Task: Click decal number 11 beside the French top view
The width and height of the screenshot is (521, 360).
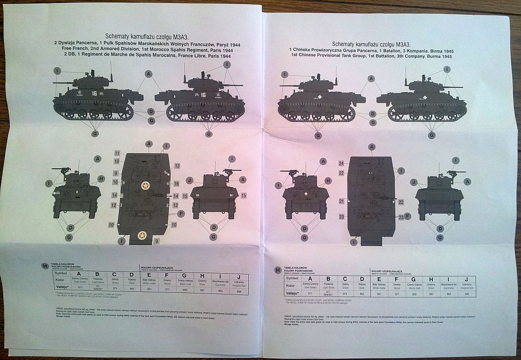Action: coord(117,153)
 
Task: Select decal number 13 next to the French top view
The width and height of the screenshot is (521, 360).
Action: coord(177,166)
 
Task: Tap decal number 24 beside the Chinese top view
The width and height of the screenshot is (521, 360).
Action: coord(341,163)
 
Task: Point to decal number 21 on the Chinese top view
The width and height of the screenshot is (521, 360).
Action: coord(341,202)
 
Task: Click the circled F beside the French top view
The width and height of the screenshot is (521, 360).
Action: coord(181,213)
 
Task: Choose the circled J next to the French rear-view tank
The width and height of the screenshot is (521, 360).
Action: coord(189,180)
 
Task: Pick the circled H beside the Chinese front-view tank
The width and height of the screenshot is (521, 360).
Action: coord(328,181)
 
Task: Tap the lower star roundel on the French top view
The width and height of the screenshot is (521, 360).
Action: coord(142,235)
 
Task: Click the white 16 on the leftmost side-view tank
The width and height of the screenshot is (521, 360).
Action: coord(94,94)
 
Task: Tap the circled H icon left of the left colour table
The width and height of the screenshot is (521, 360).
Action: coord(45,266)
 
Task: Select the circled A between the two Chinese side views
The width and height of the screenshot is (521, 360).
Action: coord(371,78)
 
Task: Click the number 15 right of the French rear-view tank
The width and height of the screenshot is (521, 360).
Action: coord(244,196)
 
